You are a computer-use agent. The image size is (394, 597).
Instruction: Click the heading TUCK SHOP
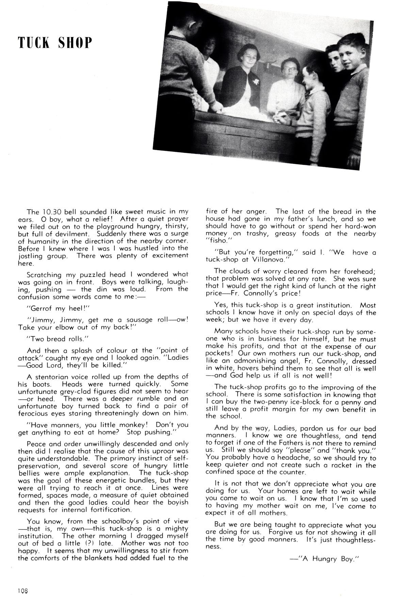tap(55, 43)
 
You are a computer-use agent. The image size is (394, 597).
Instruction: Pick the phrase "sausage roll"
tap(148, 320)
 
